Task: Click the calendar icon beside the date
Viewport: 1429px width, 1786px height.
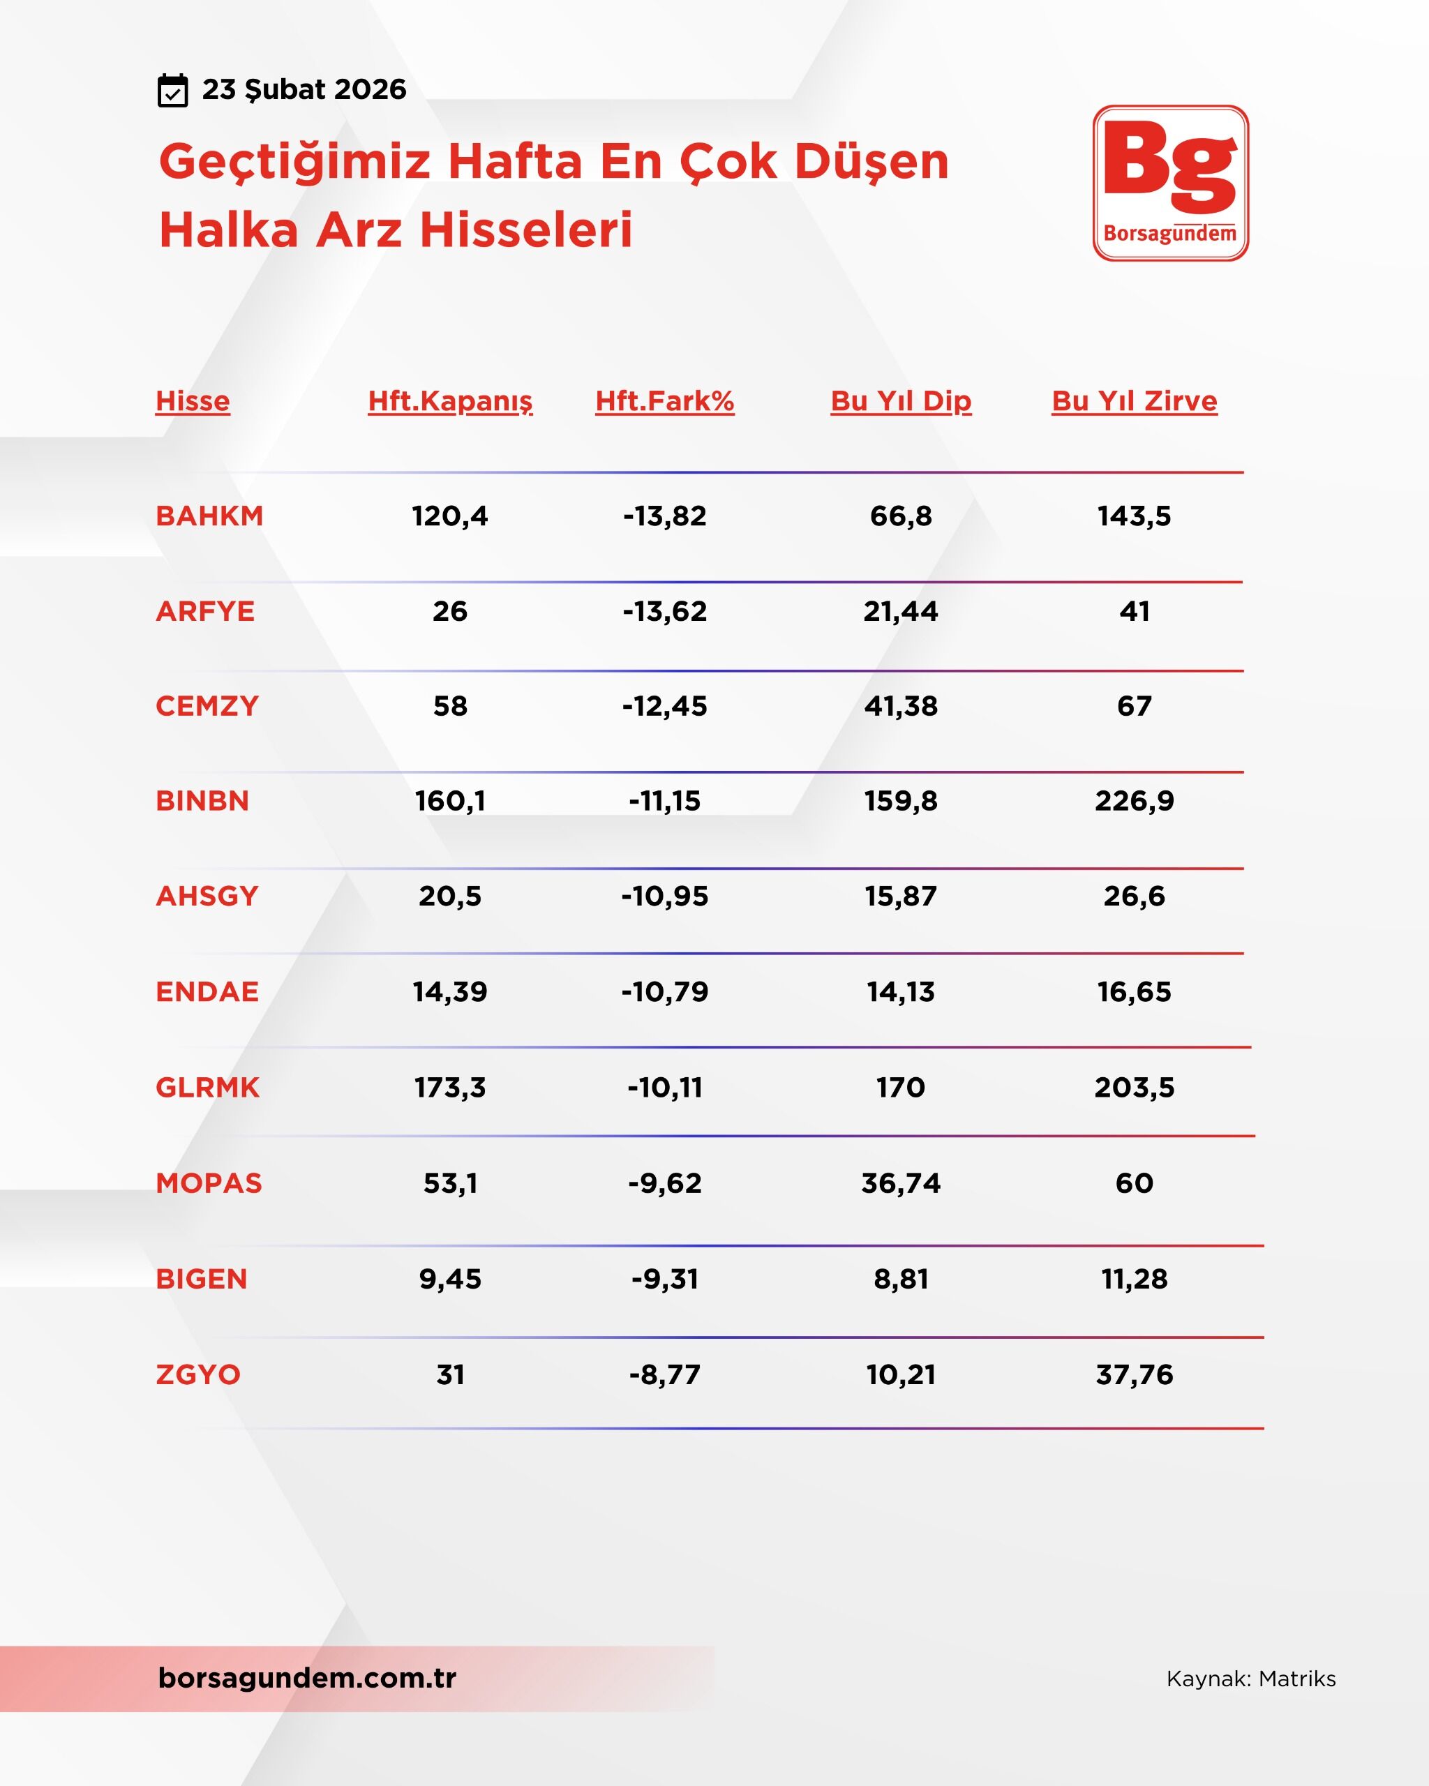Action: (x=172, y=90)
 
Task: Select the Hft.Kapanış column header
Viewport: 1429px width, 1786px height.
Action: (x=450, y=401)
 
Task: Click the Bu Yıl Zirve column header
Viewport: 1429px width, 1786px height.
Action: (x=1134, y=401)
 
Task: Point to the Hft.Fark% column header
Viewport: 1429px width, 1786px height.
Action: (x=664, y=401)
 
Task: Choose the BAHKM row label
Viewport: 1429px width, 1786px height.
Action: (x=209, y=516)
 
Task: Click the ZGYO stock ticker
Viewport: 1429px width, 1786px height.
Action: (x=198, y=1374)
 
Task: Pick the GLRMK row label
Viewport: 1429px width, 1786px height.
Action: (x=207, y=1087)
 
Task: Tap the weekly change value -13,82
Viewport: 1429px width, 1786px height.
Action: (x=664, y=516)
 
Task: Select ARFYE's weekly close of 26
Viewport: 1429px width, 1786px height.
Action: (x=450, y=611)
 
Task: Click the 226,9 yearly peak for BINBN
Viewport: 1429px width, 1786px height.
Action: (x=1134, y=800)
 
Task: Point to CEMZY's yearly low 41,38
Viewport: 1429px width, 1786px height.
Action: (x=901, y=706)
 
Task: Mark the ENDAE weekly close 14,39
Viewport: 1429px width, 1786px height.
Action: (x=450, y=991)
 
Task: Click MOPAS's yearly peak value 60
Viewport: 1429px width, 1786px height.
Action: (x=1134, y=1183)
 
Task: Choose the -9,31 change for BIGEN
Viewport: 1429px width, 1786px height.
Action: (x=664, y=1279)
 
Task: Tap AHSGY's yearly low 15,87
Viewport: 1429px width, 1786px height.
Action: (x=901, y=896)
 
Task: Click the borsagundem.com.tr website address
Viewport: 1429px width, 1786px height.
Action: (x=306, y=1677)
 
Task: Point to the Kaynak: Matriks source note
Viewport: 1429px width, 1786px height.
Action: (x=1251, y=1679)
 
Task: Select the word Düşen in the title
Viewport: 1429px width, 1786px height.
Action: (x=871, y=162)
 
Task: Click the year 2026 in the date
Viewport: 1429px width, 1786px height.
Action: (x=371, y=89)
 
